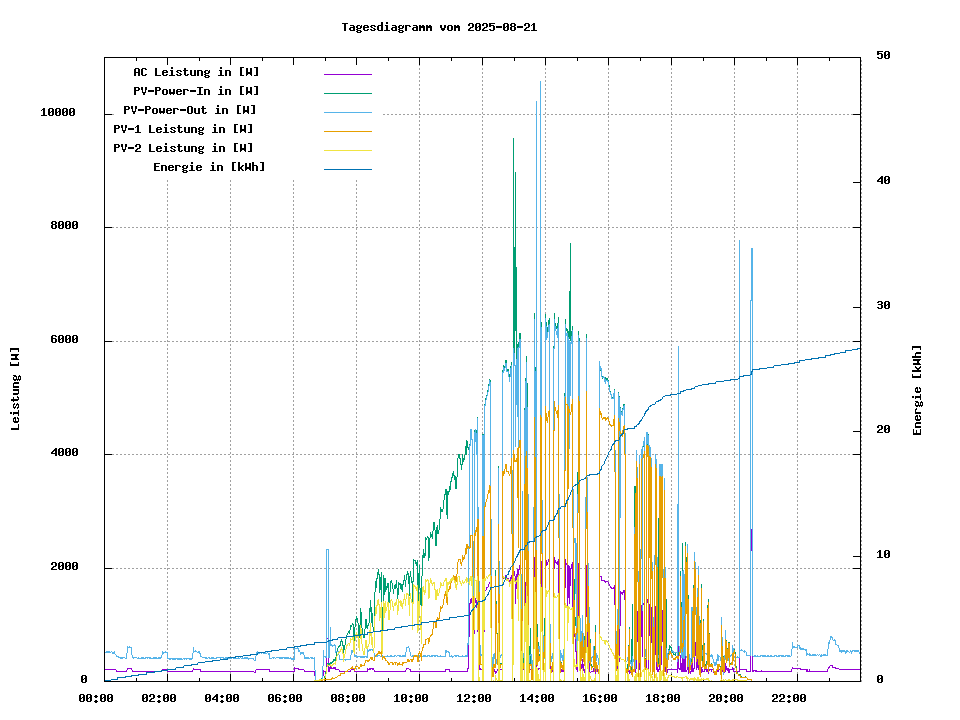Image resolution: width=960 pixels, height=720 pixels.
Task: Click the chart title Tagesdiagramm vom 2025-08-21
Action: pyautogui.click(x=439, y=27)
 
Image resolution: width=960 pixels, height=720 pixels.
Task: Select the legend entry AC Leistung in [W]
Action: pyautogui.click(x=196, y=72)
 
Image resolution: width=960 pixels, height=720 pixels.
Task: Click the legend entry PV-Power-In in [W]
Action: pyautogui.click(x=196, y=91)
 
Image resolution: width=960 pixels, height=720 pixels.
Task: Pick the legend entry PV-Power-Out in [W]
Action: pyautogui.click(x=190, y=110)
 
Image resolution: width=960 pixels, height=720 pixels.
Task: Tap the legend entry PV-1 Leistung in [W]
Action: pyautogui.click(x=183, y=129)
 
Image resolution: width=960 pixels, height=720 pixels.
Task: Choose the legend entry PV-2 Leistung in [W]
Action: pyautogui.click(x=183, y=148)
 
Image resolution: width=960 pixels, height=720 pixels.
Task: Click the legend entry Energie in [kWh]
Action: pyautogui.click(x=209, y=167)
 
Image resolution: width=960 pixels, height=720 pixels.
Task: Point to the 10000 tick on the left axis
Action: pyautogui.click(x=58, y=113)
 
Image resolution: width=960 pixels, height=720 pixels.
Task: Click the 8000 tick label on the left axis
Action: pyautogui.click(x=62, y=227)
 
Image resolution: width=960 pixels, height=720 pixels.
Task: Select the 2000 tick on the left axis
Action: pyautogui.click(x=62, y=568)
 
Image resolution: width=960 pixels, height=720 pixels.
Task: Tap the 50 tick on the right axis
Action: pyautogui.click(x=884, y=56)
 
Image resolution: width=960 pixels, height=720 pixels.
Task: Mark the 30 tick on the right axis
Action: pyautogui.click(x=884, y=306)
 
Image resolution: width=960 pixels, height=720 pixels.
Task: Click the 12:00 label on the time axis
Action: pyautogui.click(x=474, y=698)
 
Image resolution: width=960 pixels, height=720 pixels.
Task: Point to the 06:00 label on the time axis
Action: pyautogui.click(x=285, y=698)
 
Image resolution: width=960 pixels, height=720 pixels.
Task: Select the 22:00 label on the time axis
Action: pyautogui.click(x=789, y=698)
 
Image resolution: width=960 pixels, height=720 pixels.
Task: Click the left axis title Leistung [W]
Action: pyautogui.click(x=16, y=388)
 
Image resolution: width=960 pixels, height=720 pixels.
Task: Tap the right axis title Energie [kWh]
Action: pyautogui.click(x=917, y=390)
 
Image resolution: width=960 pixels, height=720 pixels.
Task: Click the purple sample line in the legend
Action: pyautogui.click(x=347, y=73)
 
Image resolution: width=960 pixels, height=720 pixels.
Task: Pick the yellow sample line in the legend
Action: pyautogui.click(x=347, y=149)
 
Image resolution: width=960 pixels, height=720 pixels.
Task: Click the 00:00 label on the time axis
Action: pyautogui.click(x=96, y=698)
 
